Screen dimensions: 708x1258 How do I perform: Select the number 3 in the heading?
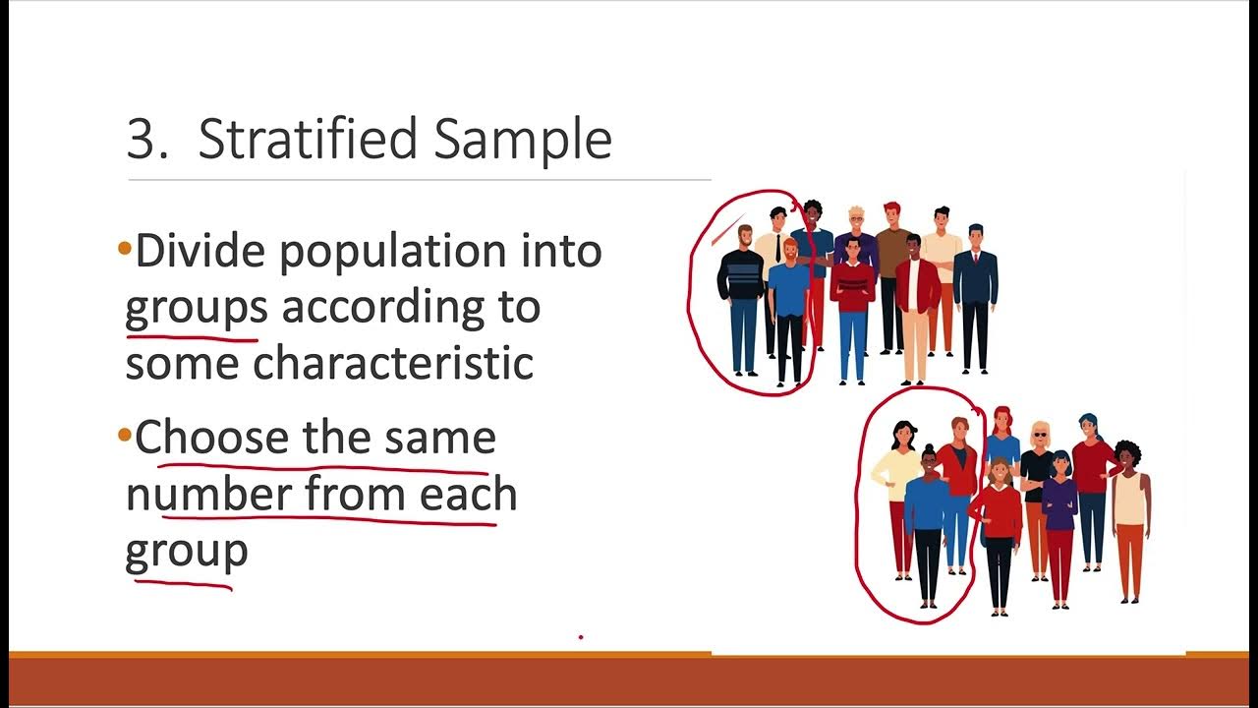(143, 139)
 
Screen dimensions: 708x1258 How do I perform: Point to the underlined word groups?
(196, 309)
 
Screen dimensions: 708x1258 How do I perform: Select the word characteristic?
(393, 363)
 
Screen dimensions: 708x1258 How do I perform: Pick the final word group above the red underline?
(186, 552)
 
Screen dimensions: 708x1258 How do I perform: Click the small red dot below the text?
(581, 637)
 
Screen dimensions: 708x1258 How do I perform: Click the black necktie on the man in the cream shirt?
(777, 247)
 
